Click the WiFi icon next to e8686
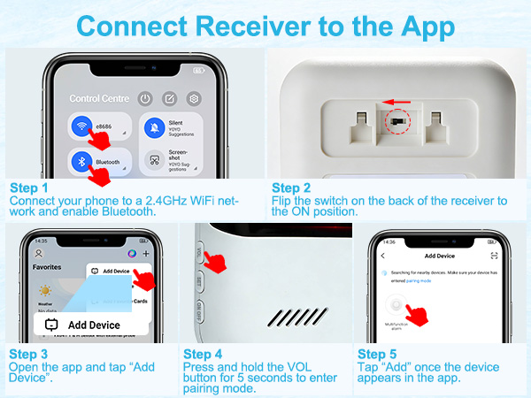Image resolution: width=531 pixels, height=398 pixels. click(82, 126)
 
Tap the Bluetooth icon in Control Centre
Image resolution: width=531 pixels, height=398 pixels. click(82, 163)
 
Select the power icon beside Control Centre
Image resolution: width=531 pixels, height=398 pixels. click(145, 98)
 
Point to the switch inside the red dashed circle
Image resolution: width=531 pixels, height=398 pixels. click(398, 118)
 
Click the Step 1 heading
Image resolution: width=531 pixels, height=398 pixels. click(29, 188)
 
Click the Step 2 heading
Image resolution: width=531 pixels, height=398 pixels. click(291, 188)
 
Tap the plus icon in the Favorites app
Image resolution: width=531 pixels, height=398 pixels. click(144, 253)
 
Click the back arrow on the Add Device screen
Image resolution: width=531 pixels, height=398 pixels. click(383, 255)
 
